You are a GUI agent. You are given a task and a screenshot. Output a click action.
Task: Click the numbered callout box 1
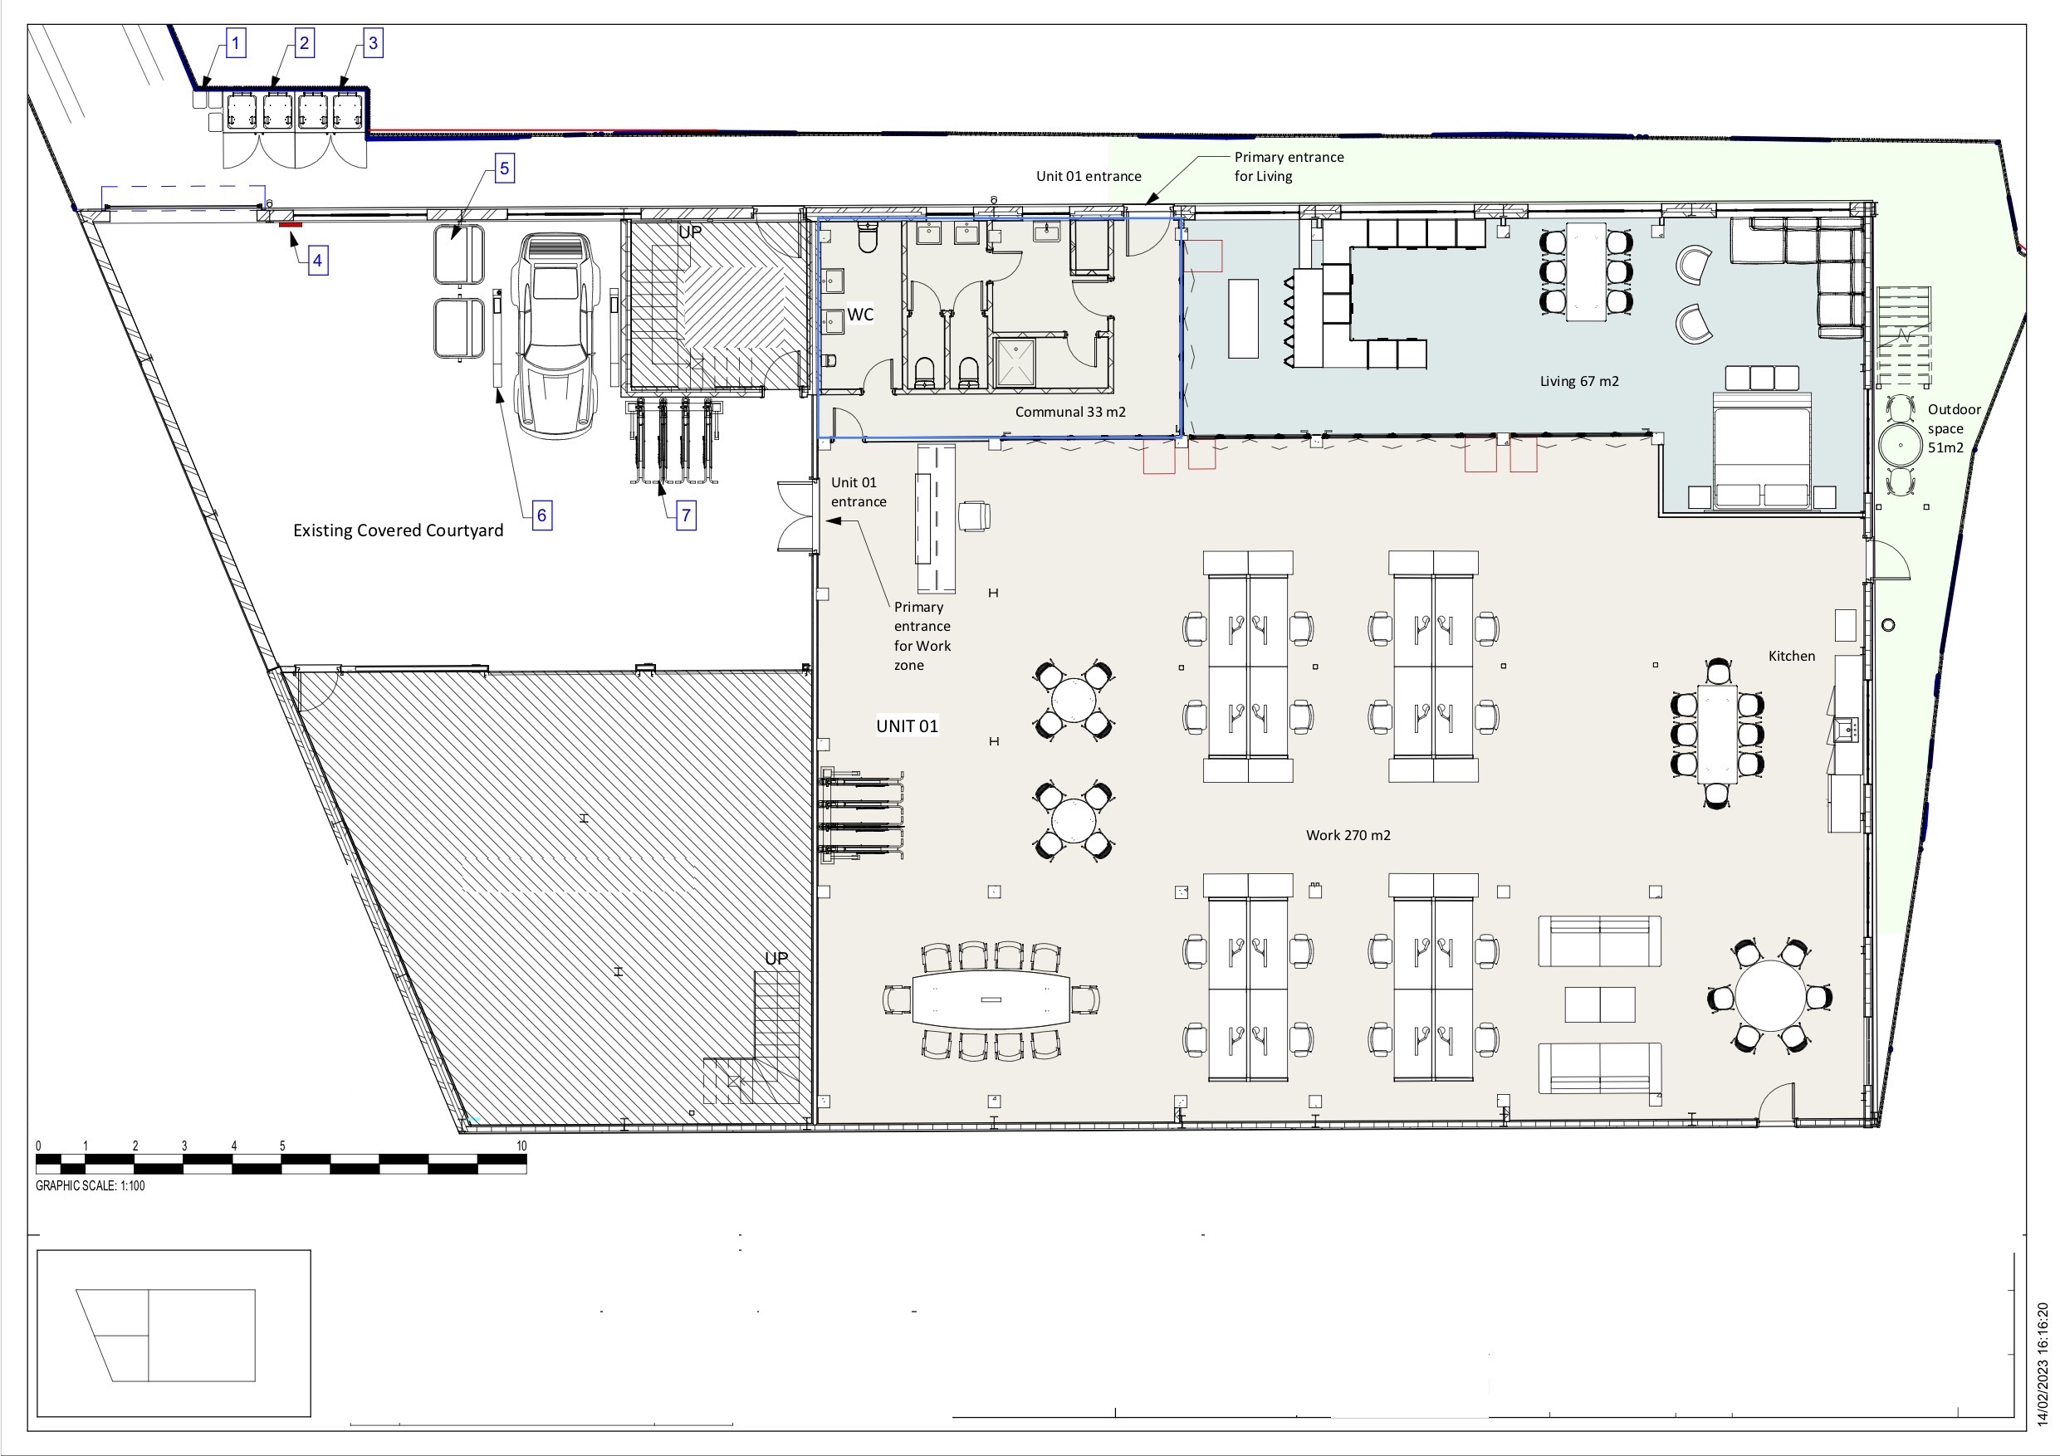[236, 43]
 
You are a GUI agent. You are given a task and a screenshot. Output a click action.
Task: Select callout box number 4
[316, 261]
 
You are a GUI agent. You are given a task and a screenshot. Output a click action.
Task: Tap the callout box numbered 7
[687, 515]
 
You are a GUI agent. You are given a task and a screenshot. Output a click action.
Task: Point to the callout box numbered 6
[541, 515]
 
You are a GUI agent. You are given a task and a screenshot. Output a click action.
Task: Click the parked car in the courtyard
[555, 336]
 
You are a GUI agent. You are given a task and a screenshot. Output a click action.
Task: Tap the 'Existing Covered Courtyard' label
[399, 530]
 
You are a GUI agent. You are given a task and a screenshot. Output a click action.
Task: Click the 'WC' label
[860, 314]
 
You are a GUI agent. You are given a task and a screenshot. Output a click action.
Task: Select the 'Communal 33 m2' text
[1070, 412]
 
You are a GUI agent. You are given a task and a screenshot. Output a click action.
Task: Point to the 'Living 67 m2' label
[1579, 381]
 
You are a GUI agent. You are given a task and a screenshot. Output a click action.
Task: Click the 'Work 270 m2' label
[1348, 835]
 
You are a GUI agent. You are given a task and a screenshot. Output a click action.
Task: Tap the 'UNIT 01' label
[907, 726]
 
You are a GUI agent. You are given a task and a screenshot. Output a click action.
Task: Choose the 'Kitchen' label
[1792, 656]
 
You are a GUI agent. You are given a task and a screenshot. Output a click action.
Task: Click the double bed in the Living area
[1761, 451]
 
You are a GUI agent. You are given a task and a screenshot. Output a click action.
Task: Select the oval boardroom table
[991, 999]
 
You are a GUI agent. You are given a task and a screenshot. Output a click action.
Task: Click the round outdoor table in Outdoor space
[1901, 445]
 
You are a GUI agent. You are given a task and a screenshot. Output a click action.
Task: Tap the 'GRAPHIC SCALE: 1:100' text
[90, 1185]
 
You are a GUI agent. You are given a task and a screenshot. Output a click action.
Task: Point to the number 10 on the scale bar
[521, 1146]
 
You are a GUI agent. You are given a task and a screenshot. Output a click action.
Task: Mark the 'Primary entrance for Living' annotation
[1289, 166]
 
